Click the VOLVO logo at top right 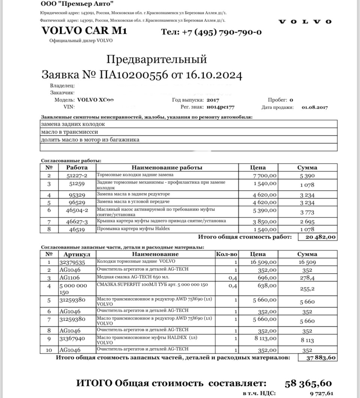pyautogui.click(x=305, y=22)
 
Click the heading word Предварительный pyautogui.click(x=157, y=59)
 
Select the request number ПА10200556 pyautogui.click(x=133, y=75)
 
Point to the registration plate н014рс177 pyautogui.click(x=220, y=107)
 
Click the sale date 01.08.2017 pyautogui.click(x=315, y=107)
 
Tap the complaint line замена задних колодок pyautogui.click(x=73, y=124)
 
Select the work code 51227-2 pyautogui.click(x=77, y=176)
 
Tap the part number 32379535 pyautogui.click(x=72, y=262)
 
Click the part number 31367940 pyautogui.click(x=72, y=339)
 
